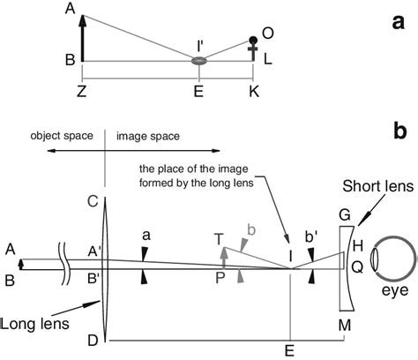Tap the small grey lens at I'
201,61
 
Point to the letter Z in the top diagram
82,92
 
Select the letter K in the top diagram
256,92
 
